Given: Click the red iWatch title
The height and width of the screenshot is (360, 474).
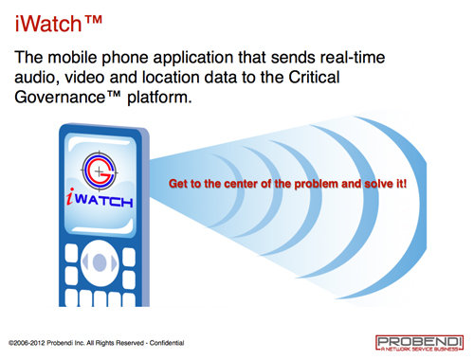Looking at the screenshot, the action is click(59, 24).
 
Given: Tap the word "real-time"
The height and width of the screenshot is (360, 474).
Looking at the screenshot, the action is click(353, 58).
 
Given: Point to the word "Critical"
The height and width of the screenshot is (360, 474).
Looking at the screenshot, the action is click(314, 77).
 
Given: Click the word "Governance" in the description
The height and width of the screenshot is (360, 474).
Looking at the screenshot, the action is click(60, 97).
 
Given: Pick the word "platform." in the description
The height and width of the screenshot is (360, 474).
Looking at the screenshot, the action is click(159, 98).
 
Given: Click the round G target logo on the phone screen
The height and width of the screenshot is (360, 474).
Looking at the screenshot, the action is click(100, 171).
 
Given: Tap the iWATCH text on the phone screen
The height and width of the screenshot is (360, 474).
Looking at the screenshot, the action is click(100, 198).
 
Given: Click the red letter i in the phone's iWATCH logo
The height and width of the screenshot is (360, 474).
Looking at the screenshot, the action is click(70, 196).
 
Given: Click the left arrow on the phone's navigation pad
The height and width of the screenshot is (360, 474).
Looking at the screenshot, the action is click(84, 261).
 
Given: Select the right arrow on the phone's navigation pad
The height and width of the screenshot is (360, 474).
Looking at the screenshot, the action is click(114, 262).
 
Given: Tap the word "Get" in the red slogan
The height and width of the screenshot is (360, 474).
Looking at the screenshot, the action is click(177, 184).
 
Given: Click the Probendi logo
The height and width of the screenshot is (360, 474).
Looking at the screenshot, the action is click(419, 343).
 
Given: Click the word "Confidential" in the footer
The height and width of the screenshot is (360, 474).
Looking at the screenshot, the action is click(167, 343).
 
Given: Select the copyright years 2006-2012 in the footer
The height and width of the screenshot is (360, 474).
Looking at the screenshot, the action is click(29, 343).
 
